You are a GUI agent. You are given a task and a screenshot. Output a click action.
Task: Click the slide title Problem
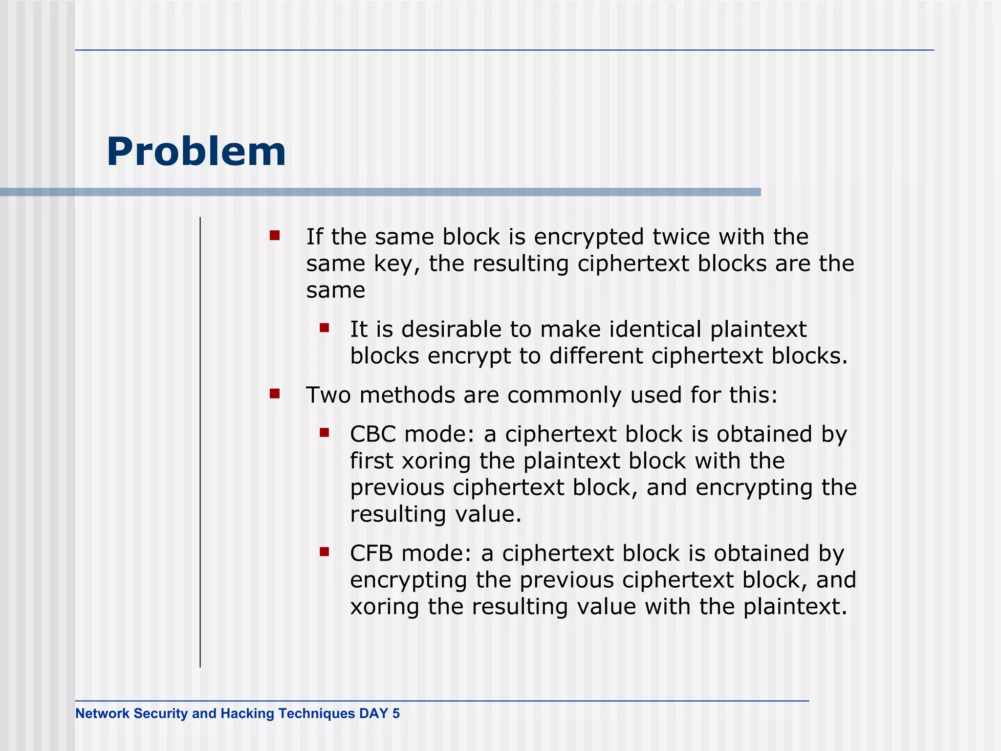(x=196, y=152)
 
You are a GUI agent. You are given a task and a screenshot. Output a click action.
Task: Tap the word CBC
(x=372, y=434)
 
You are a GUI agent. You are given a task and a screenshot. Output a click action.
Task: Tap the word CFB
(x=371, y=553)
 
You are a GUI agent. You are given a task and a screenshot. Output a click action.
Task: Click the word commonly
(x=564, y=395)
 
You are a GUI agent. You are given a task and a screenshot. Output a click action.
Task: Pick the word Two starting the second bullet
(x=328, y=395)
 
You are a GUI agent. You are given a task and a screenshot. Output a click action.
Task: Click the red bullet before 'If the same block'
(x=275, y=236)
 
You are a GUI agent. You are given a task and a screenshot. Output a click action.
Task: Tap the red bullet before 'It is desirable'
(x=325, y=328)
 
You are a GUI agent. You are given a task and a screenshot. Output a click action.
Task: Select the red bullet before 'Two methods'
(x=275, y=394)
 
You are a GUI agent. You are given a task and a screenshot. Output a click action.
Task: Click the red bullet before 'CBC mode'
(x=325, y=432)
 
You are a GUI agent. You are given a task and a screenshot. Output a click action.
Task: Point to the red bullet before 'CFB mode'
(x=325, y=552)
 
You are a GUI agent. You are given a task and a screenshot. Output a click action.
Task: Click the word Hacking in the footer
(x=247, y=713)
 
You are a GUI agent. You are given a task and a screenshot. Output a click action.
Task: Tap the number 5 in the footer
(x=396, y=713)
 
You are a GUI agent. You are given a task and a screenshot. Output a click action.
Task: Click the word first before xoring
(x=371, y=461)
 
